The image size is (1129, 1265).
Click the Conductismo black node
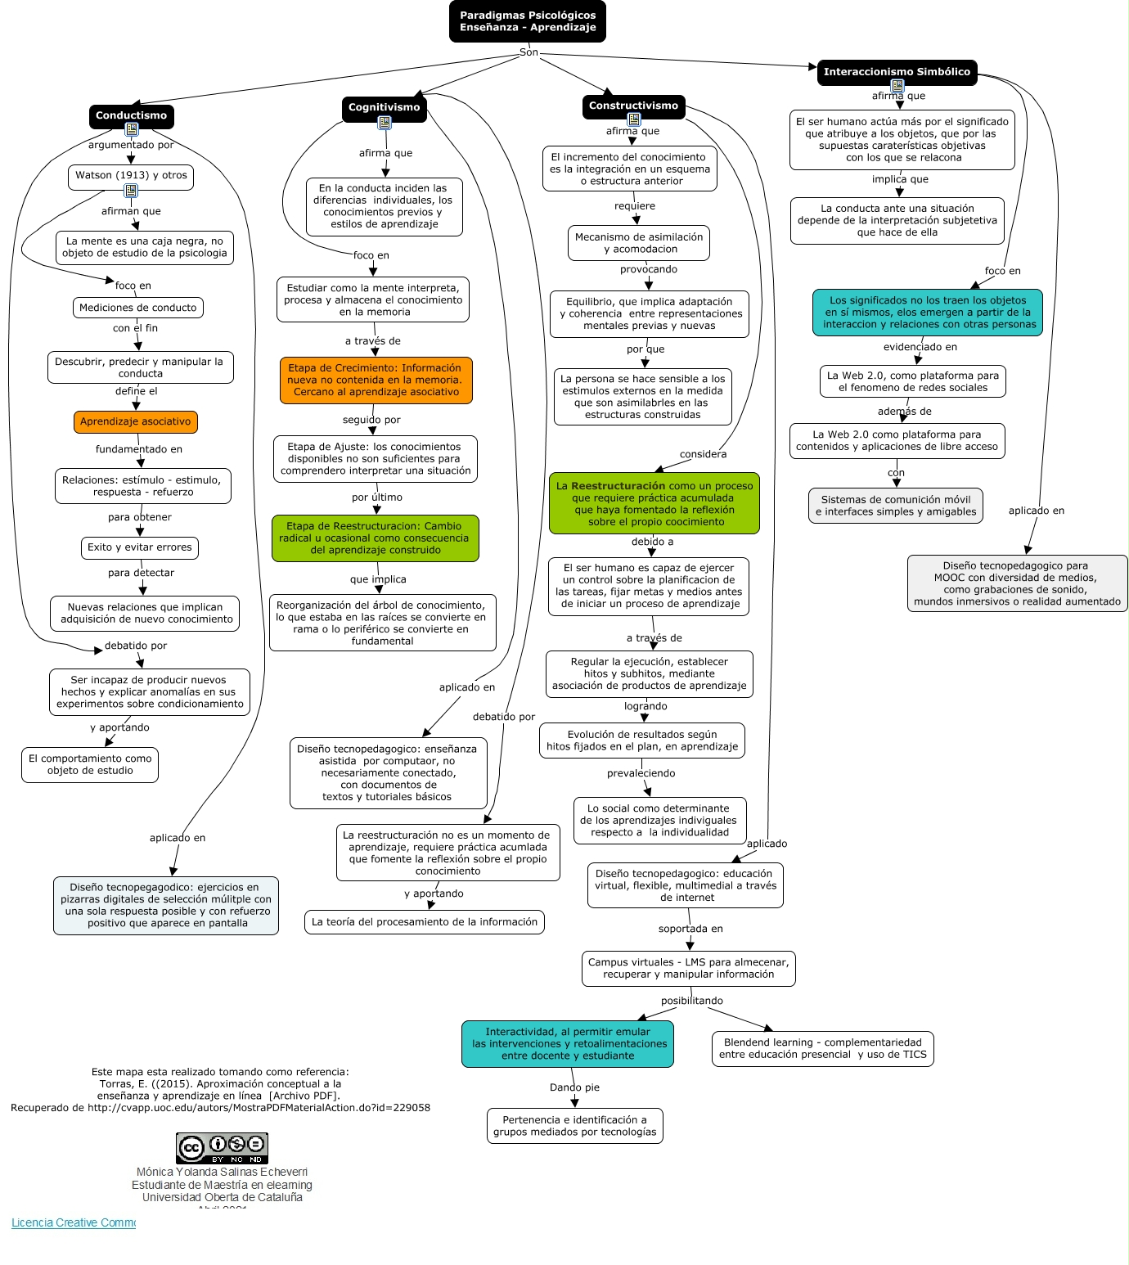click(x=131, y=116)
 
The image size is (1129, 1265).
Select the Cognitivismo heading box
click(x=384, y=108)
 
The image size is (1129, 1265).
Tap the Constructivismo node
click(x=633, y=106)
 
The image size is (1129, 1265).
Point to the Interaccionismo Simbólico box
click(x=897, y=72)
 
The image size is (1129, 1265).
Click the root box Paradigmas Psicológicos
click(x=528, y=21)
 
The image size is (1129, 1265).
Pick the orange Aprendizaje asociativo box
click(x=135, y=422)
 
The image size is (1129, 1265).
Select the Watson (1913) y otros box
click(x=131, y=176)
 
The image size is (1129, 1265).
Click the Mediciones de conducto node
click(x=137, y=308)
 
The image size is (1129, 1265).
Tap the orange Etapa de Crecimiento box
click(x=376, y=380)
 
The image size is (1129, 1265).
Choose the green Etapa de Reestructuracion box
click(x=375, y=538)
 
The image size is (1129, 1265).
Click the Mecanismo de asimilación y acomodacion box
click(x=639, y=244)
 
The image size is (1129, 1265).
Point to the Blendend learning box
click(x=822, y=1049)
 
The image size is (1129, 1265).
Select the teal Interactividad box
click(x=568, y=1044)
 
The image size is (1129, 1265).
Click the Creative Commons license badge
click(x=222, y=1148)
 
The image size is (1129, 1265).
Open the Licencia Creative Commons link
click(x=74, y=1223)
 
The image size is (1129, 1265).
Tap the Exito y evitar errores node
click(x=140, y=548)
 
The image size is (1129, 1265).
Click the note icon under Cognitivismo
click(x=385, y=124)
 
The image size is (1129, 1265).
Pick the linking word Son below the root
click(x=529, y=53)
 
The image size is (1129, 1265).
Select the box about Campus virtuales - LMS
click(x=688, y=969)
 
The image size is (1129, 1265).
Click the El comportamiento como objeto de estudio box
click(x=90, y=765)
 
